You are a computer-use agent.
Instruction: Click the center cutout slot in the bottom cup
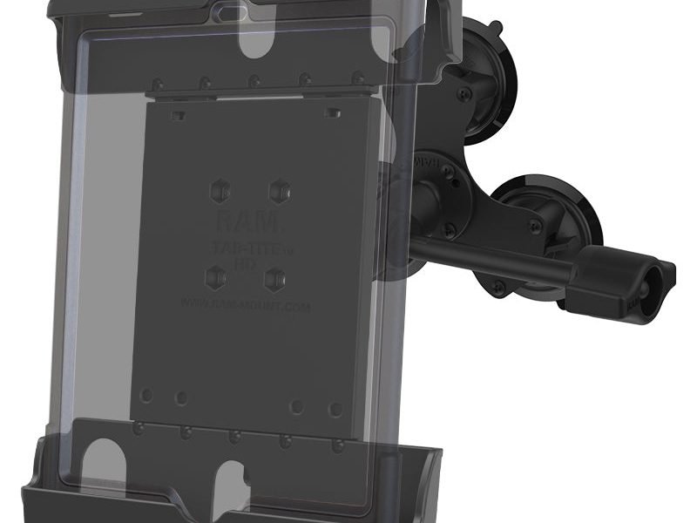click(x=233, y=488)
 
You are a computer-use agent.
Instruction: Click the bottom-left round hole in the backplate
click(x=147, y=396)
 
